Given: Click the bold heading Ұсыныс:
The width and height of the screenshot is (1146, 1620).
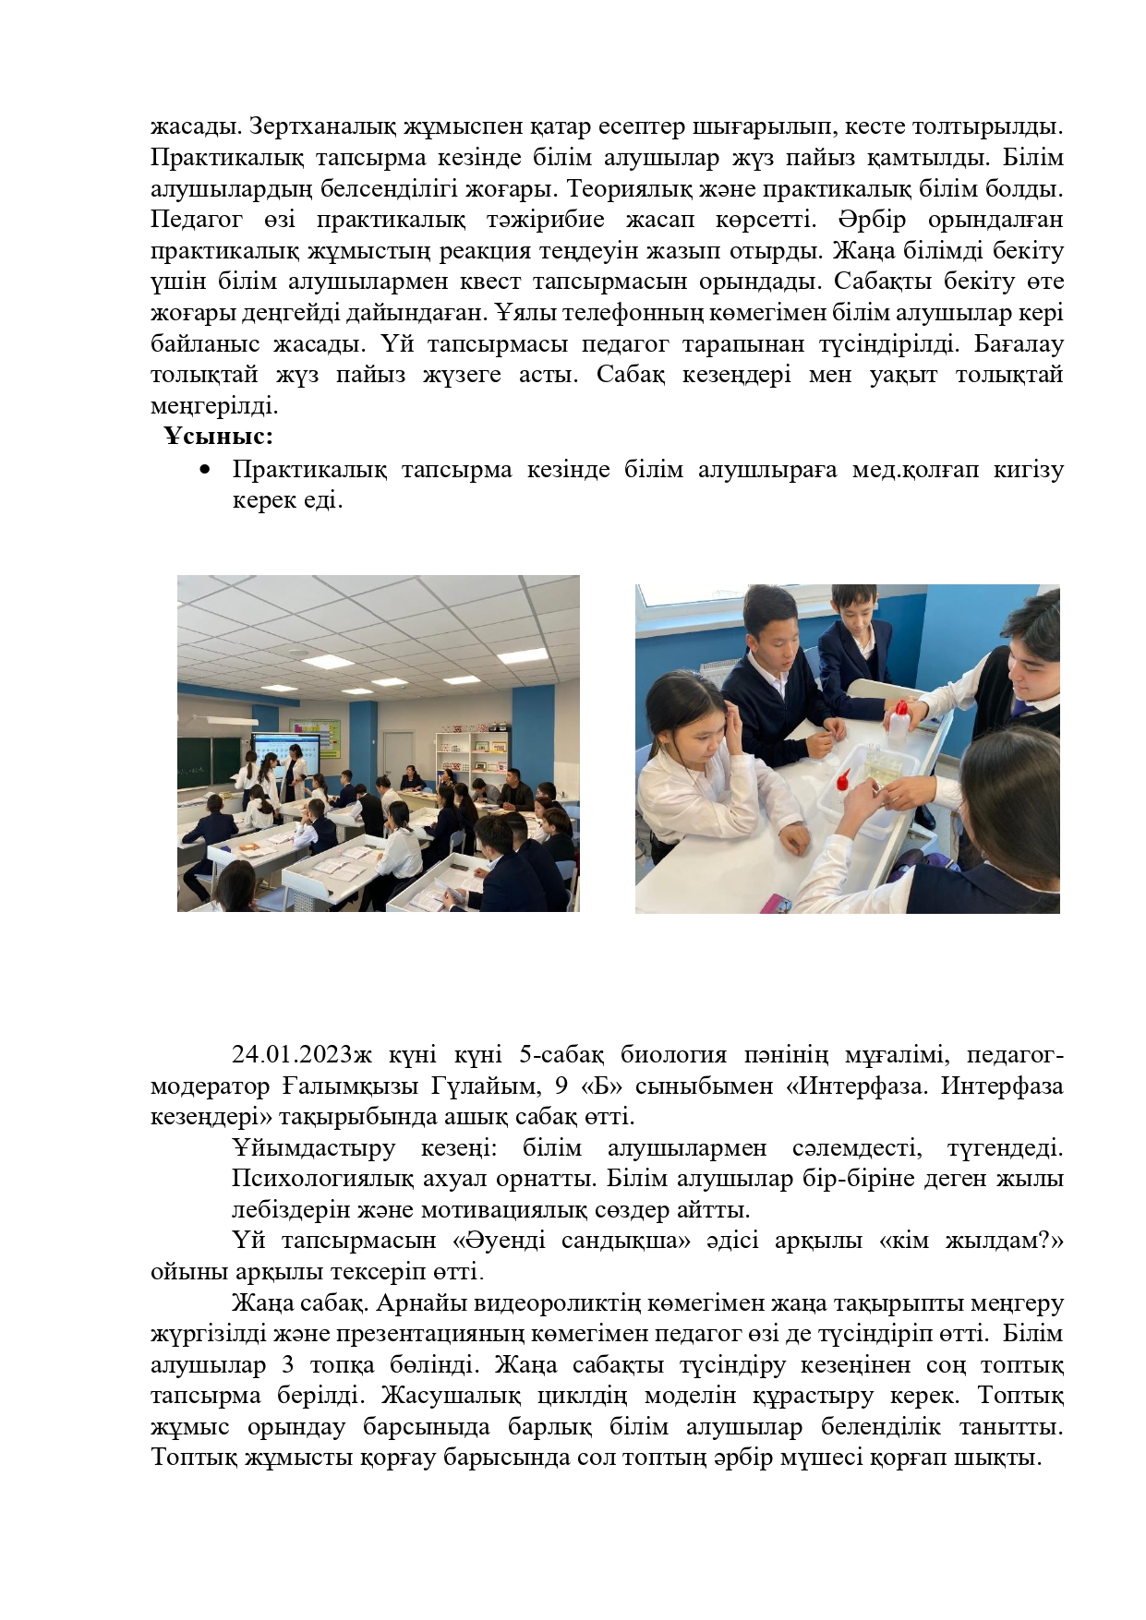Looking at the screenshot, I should click(219, 436).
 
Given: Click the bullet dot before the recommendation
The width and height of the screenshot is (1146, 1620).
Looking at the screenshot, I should click(205, 470).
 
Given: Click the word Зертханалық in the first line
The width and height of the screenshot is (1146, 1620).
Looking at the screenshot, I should click(322, 126).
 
